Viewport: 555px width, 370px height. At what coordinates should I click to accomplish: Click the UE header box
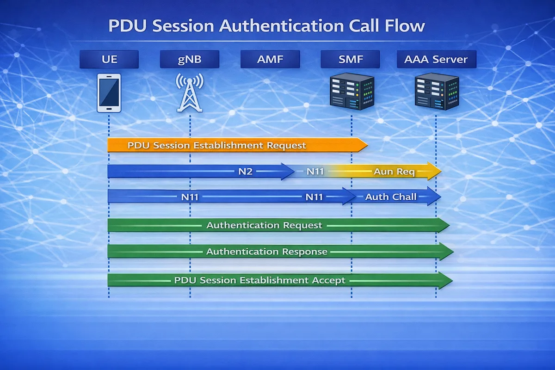point(109,59)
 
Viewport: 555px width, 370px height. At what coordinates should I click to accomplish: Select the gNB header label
point(190,59)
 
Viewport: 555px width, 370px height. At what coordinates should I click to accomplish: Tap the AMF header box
point(270,59)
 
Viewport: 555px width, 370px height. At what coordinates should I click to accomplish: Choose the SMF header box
point(350,59)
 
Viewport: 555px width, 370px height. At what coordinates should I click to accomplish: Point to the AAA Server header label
point(436,59)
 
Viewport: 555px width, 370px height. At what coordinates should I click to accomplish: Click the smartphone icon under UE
point(109,92)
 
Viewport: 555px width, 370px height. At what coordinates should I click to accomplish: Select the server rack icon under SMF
point(351,92)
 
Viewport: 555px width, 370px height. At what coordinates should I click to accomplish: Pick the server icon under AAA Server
point(436,92)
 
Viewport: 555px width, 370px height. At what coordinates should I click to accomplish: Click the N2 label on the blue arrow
point(245,172)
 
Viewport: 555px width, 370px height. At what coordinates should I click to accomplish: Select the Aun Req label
point(394,172)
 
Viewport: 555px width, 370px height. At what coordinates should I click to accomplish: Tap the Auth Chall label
point(391,197)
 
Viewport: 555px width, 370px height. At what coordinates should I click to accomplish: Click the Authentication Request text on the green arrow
point(264,225)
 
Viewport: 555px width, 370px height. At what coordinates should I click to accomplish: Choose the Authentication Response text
point(266,252)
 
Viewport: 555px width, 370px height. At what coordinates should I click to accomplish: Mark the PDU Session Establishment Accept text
point(259,280)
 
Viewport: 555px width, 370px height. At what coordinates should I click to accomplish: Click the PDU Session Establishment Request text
point(216,145)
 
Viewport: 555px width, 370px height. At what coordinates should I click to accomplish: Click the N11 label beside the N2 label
point(315,172)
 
